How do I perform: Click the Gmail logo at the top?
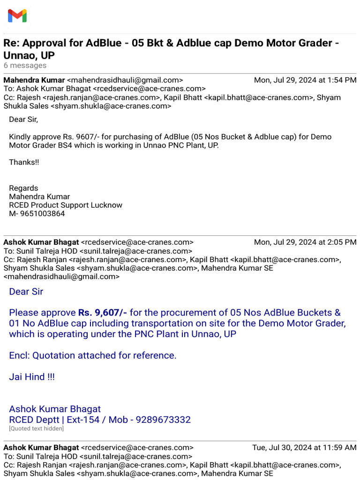coord(17,16)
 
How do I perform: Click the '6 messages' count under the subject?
coord(25,66)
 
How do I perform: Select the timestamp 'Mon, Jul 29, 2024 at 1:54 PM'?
coord(305,80)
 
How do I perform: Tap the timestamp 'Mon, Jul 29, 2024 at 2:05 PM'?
coord(305,242)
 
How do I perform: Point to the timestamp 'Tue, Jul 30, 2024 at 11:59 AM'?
coord(304,448)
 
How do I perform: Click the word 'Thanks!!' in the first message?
coord(24,162)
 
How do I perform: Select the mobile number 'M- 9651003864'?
coord(37,214)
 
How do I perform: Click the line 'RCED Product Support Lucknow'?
coord(66,205)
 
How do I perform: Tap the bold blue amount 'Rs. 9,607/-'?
coord(103,313)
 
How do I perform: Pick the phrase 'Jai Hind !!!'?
coord(32,377)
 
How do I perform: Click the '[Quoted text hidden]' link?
coord(36,428)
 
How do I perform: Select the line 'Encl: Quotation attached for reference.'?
coord(93,355)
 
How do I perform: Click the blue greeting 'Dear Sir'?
coord(26,292)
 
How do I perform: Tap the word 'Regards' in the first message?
coord(23,188)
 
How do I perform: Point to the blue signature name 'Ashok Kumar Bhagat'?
coord(55,409)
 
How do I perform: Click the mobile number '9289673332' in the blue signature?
coord(163,420)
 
